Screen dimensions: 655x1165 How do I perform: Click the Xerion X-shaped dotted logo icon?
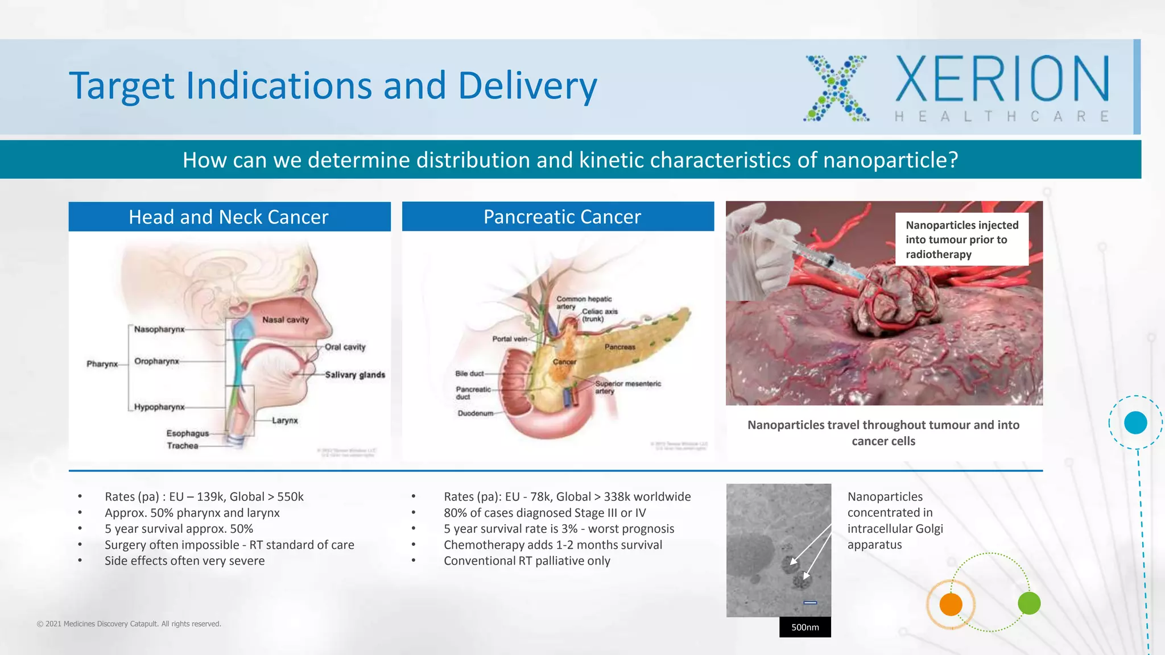click(836, 88)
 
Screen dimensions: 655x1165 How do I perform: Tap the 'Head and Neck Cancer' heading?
click(229, 217)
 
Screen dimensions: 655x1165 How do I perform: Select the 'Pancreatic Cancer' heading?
click(562, 217)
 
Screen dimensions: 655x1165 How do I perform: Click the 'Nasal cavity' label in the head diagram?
click(285, 320)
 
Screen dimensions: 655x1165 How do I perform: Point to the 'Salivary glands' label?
click(355, 375)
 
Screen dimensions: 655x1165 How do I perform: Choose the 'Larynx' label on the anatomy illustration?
click(284, 421)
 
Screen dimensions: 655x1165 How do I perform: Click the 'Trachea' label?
click(183, 446)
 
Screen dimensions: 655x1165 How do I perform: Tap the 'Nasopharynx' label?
click(159, 329)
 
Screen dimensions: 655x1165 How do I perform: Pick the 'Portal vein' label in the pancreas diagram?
click(510, 339)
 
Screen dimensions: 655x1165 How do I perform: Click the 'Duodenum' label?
click(476, 413)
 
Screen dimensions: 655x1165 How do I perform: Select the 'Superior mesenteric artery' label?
click(627, 387)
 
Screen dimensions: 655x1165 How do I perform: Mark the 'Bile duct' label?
click(469, 374)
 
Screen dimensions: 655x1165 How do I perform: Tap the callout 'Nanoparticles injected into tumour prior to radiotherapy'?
click(961, 239)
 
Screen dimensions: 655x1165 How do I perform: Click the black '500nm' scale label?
click(805, 627)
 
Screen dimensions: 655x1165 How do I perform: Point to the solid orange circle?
click(951, 604)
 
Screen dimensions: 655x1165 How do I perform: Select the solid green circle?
click(1029, 603)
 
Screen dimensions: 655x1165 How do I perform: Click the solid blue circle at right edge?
click(1135, 423)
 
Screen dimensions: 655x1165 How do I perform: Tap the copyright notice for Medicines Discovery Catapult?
click(129, 624)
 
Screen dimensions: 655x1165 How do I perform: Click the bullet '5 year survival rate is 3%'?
click(559, 529)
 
